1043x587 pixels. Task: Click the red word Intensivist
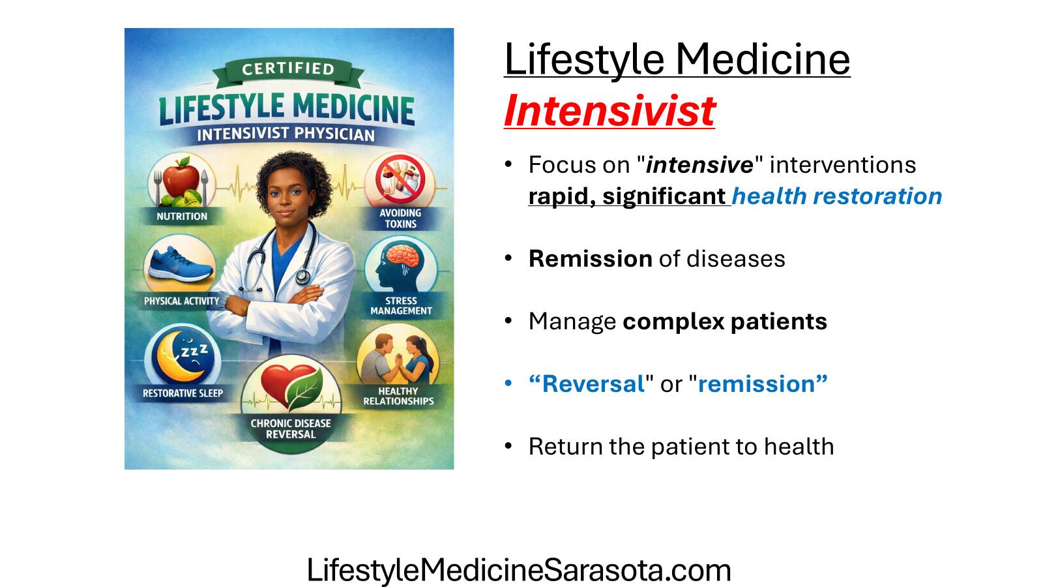[610, 111]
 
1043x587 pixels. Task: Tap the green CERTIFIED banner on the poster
[288, 72]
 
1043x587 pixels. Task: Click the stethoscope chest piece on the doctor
[302, 277]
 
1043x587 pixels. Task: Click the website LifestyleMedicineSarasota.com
[519, 569]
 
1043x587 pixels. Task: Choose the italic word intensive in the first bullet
[699, 164]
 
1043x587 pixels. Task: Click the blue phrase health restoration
[837, 196]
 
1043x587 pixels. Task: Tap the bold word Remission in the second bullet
[591, 258]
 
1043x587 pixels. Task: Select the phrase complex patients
[724, 322]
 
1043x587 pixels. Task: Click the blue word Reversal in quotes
[587, 384]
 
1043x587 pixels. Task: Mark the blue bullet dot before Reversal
[508, 384]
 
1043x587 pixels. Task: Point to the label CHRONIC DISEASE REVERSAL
[291, 429]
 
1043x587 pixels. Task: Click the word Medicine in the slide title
[763, 59]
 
